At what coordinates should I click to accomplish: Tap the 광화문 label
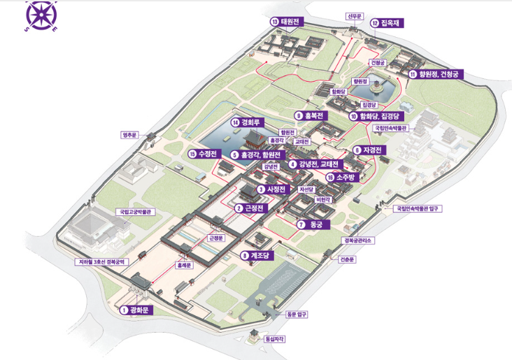140,310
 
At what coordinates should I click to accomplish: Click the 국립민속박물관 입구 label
419,208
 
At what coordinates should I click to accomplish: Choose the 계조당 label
259,256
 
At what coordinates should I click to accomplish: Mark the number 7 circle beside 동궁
300,224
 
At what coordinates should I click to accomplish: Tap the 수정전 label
209,154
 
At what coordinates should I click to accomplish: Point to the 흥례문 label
183,266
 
